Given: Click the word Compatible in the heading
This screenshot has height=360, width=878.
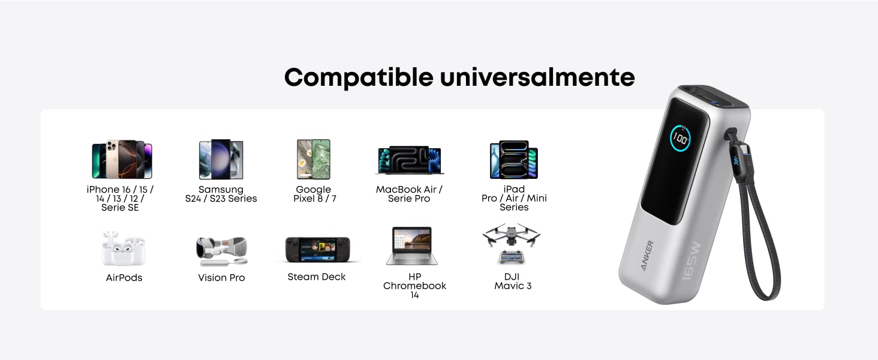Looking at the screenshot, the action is click(359, 77).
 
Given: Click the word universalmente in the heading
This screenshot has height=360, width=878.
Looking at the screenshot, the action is click(537, 77).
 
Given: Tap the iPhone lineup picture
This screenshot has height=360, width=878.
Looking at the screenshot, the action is click(122, 159).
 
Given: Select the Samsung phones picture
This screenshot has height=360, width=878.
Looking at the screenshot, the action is click(221, 159).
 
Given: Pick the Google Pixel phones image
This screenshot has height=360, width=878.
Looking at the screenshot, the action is click(314, 159).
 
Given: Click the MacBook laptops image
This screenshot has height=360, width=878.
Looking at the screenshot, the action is click(409, 160).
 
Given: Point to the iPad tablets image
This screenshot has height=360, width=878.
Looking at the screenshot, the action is click(514, 160).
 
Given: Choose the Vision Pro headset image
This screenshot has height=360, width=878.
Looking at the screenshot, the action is click(222, 251).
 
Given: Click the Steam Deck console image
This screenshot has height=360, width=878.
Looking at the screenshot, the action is click(318, 250).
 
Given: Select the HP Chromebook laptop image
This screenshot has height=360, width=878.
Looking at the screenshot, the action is click(412, 246).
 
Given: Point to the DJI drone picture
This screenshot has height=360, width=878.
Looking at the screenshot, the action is click(512, 244).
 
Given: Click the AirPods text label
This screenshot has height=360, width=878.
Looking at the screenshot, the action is click(124, 278).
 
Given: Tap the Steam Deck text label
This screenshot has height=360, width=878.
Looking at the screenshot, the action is click(317, 277).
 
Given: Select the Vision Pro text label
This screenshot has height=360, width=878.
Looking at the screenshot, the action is click(221, 278).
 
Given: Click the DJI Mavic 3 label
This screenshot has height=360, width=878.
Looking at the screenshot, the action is click(513, 281).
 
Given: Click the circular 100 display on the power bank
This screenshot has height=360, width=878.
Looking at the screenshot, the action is click(680, 138).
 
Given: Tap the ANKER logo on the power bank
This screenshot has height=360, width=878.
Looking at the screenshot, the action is click(647, 256).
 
